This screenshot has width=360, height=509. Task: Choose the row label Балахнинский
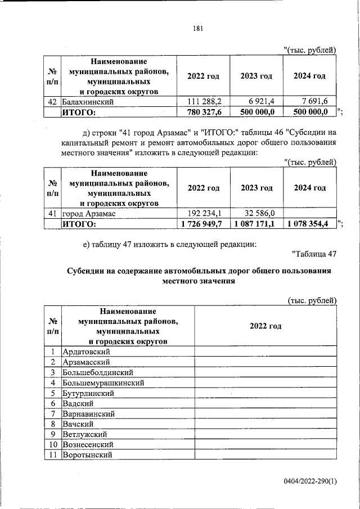tap(88, 102)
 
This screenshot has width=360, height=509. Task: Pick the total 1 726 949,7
tap(202, 224)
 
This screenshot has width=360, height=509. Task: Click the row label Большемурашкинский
tap(103, 382)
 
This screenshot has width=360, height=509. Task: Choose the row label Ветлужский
tap(85, 434)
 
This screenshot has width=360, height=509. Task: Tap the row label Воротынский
tap(88, 454)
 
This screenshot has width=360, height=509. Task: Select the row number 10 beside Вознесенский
tap(52, 444)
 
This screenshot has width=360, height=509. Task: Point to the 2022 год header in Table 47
tap(265, 326)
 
